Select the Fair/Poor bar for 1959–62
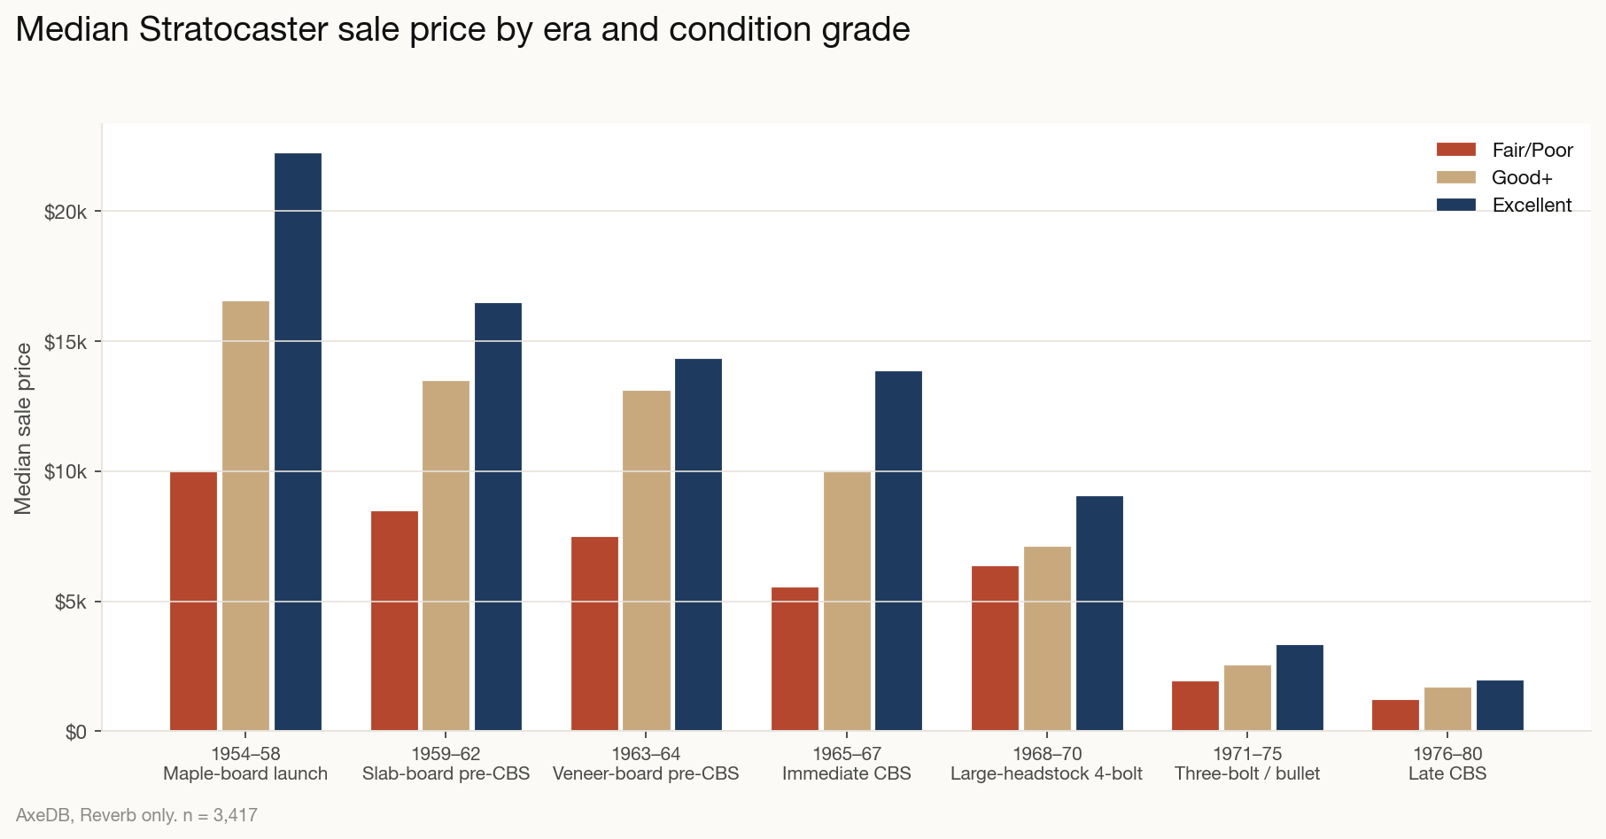[x=394, y=620]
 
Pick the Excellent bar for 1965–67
[x=898, y=550]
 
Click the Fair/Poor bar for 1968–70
[x=995, y=648]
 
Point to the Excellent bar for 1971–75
[x=1300, y=688]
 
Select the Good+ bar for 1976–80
[x=1447, y=709]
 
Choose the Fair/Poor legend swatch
[x=1455, y=150]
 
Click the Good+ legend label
[x=1522, y=177]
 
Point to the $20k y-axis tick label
[x=65, y=212]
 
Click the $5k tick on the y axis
[x=70, y=602]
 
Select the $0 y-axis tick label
[x=75, y=732]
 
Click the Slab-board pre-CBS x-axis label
[x=446, y=773]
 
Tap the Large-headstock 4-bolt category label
[x=1046, y=773]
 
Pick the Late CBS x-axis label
[x=1447, y=773]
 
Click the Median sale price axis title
[x=23, y=428]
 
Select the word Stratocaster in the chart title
[x=232, y=29]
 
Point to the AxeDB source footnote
[x=136, y=815]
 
